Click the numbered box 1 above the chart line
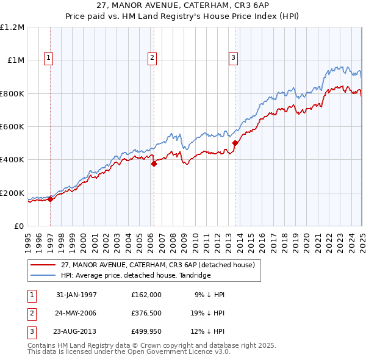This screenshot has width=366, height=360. click(x=48, y=58)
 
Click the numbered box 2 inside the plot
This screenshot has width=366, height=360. click(x=152, y=58)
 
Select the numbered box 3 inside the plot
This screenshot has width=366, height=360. click(x=233, y=58)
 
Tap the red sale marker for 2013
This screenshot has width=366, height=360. click(x=235, y=143)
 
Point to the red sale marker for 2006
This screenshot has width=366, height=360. click(x=154, y=164)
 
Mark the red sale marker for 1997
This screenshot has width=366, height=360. click(x=51, y=199)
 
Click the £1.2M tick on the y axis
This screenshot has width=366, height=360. click(x=12, y=27)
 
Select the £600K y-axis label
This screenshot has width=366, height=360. click(x=12, y=127)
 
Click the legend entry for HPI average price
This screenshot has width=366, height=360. click(x=135, y=275)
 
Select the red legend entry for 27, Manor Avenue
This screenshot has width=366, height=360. click(x=161, y=264)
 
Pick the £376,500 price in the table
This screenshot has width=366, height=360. click(x=146, y=314)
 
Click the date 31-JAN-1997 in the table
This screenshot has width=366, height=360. click(x=76, y=295)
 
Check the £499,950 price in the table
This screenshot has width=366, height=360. click(x=146, y=333)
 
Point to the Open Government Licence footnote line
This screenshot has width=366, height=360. click(x=129, y=352)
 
